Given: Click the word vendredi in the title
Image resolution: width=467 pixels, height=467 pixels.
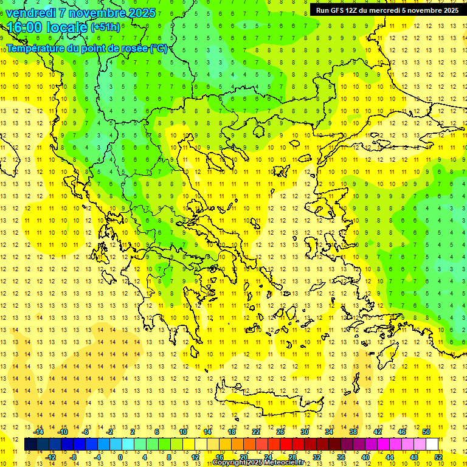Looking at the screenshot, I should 32,13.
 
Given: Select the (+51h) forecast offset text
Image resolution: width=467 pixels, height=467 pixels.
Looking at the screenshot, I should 105,27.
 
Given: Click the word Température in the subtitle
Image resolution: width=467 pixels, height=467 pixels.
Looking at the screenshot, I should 37,49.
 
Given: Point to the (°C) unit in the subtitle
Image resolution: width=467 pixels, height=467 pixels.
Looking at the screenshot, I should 158,49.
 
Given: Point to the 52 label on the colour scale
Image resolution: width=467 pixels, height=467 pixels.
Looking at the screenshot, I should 438,457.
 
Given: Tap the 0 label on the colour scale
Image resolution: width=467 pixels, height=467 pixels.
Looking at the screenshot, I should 120,457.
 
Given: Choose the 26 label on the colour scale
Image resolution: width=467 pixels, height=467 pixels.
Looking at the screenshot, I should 280,432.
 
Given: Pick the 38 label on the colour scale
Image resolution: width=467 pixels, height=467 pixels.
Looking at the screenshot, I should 353,432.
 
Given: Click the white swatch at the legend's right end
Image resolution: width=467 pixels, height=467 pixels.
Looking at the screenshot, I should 432,445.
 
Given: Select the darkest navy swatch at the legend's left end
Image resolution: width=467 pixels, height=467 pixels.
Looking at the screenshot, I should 30,445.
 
